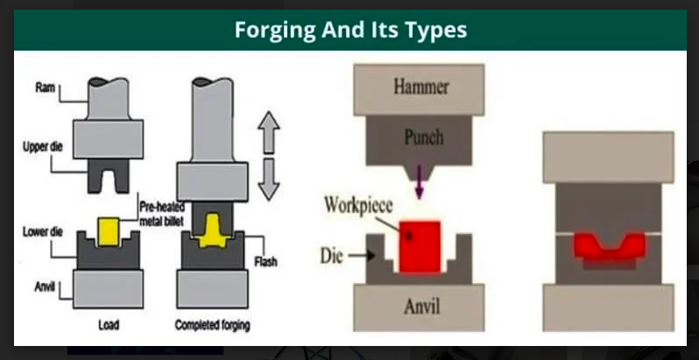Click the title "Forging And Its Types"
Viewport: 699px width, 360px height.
coord(350,30)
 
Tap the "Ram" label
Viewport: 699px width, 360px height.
coord(45,88)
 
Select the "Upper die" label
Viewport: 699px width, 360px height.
coord(43,146)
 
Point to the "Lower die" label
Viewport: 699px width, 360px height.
coord(43,232)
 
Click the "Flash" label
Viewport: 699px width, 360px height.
coord(265,262)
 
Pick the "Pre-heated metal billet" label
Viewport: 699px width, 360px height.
coord(161,215)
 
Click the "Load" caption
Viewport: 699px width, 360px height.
coord(109,325)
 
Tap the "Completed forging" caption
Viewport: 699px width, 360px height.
coord(212,325)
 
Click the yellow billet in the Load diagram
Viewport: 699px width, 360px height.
coord(109,232)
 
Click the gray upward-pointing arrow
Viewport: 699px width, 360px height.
coord(269,132)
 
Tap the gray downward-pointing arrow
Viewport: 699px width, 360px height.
coord(269,179)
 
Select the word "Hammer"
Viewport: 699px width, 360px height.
coord(420,87)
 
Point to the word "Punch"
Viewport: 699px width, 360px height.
coord(424,137)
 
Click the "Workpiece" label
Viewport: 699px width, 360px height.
coord(358,205)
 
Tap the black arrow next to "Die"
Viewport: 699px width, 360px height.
coord(362,255)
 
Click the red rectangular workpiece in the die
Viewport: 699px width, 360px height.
coord(420,246)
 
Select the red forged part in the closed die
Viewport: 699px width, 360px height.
coord(610,248)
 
